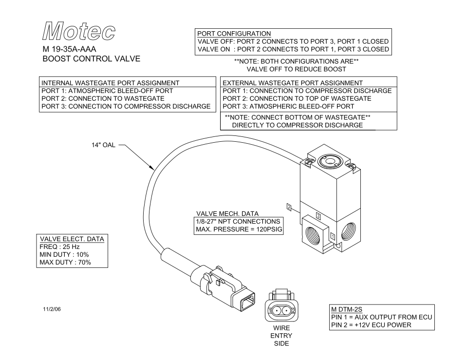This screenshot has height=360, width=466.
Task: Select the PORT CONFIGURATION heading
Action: pyautogui.click(x=234, y=33)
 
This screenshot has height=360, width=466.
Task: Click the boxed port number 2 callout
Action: pyautogui.click(x=289, y=208)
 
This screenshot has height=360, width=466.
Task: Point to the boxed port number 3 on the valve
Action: pyautogui.click(x=318, y=215)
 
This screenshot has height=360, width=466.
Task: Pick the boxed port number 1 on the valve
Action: pyautogui.click(x=333, y=235)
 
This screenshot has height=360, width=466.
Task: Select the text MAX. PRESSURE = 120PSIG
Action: pyautogui.click(x=239, y=229)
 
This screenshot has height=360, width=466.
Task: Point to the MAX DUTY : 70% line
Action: pyautogui.click(x=65, y=263)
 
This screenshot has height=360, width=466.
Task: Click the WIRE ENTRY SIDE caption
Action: pyautogui.click(x=281, y=336)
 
